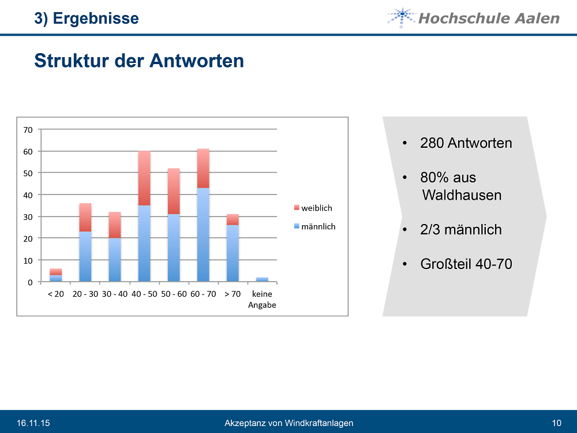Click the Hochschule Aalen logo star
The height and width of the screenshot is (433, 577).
point(401,17)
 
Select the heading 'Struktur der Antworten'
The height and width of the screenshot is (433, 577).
point(139,61)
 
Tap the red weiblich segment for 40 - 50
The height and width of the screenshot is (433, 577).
point(144,178)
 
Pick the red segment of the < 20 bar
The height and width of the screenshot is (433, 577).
point(55,272)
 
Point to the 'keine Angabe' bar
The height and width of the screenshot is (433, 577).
point(262,280)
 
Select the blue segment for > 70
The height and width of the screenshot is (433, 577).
point(233,253)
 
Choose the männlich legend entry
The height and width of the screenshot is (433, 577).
point(314,227)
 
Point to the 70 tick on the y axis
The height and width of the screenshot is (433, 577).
point(28,130)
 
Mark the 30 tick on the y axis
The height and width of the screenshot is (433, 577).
point(28,216)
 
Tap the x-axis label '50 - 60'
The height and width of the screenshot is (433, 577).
point(173,294)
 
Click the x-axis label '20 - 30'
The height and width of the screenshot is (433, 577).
point(85,294)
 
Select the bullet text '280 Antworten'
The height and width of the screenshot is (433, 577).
point(466,143)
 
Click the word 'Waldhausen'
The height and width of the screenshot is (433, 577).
point(462,195)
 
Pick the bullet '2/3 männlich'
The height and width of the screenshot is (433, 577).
point(460,230)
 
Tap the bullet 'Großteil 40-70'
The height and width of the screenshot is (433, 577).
point(466,264)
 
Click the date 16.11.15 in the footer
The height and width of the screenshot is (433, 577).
point(33,423)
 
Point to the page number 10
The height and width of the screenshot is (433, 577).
point(556,423)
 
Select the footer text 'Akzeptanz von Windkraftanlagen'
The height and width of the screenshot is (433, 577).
point(288,423)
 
